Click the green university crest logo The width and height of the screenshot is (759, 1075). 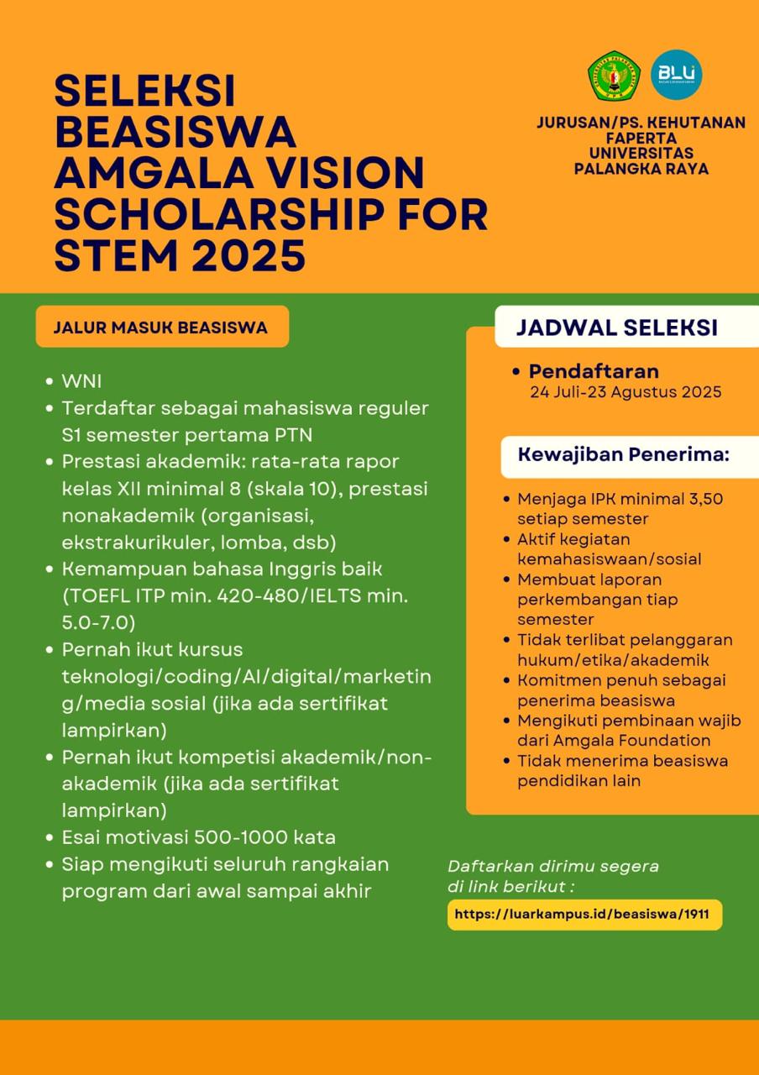click(614, 76)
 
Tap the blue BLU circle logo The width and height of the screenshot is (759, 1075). click(677, 75)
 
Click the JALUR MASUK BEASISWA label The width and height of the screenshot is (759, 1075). click(160, 328)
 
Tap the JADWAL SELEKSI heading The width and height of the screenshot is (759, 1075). click(616, 328)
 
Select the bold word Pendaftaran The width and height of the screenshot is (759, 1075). click(594, 371)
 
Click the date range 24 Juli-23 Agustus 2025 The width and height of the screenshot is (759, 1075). click(626, 392)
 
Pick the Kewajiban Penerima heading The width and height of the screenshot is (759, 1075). click(623, 455)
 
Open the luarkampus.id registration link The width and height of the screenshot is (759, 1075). click(584, 914)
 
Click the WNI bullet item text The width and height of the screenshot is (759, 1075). click(81, 381)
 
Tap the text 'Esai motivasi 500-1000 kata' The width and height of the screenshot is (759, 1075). click(198, 837)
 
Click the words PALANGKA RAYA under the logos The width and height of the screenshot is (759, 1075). click(641, 169)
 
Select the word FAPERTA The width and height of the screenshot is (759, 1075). click(641, 138)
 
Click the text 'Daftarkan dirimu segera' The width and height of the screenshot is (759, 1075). click(553, 866)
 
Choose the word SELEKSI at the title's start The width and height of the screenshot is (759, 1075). click(144, 91)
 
